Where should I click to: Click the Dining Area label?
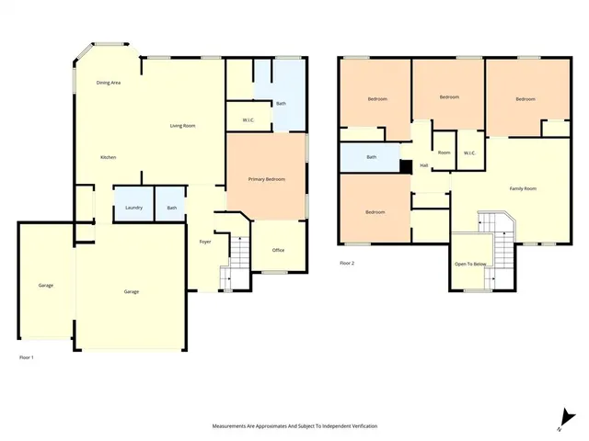click(x=109, y=83)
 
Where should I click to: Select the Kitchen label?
click(x=108, y=158)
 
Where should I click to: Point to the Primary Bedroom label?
click(x=267, y=179)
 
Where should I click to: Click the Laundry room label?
click(x=133, y=208)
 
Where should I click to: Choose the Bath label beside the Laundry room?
click(x=171, y=208)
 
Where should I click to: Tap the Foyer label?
click(x=205, y=242)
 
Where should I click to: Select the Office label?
click(x=278, y=250)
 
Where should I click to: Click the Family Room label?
click(x=524, y=188)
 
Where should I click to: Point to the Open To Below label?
click(x=470, y=264)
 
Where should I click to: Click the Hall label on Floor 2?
click(x=424, y=165)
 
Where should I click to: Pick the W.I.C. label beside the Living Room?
click(x=248, y=120)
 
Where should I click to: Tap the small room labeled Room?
click(x=444, y=153)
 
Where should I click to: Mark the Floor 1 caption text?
click(x=27, y=356)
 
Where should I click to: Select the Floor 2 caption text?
click(x=346, y=264)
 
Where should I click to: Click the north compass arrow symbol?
click(x=560, y=422)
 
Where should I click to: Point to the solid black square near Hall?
click(x=405, y=166)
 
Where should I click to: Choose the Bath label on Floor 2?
click(x=371, y=157)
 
